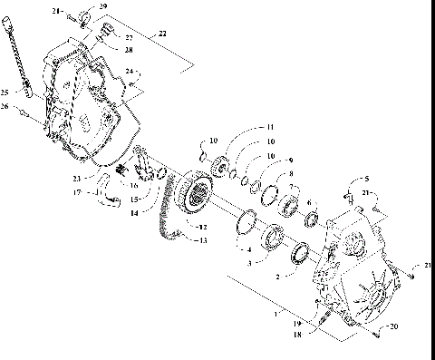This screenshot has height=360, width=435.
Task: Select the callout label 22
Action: tap(163, 33)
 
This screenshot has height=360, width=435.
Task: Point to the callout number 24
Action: tap(130, 70)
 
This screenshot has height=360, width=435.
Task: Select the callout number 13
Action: tap(203, 239)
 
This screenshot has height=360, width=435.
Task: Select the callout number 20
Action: tap(392, 326)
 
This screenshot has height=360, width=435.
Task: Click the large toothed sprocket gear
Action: tap(191, 191)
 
